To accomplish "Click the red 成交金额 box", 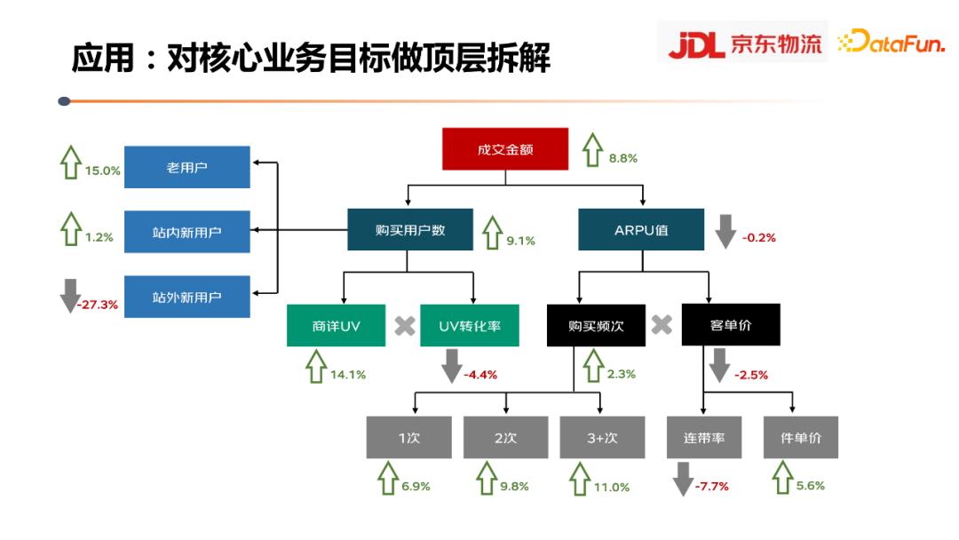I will pos(505,149).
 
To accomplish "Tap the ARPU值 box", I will pos(641,230).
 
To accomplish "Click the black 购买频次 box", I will pos(596,326).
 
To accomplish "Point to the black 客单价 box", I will pos(731,325).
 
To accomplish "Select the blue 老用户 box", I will pos(187,167).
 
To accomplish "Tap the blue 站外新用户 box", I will pos(187,298).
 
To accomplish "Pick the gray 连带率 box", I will pos(704,438).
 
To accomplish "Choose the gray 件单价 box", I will pos(801,438).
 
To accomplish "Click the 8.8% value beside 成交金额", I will pos(623,158).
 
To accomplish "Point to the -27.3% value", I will pos(98,304).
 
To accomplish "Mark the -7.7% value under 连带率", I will pos(712,486).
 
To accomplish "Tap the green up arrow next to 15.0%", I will pos(70,162).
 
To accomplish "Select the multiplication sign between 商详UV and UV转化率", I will pos(404,326).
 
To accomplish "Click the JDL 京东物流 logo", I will pos(743,43).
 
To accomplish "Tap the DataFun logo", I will pos(891,41).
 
